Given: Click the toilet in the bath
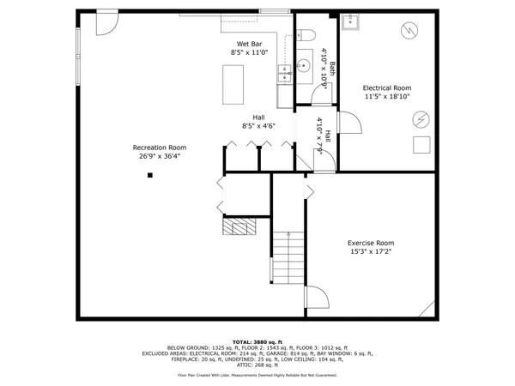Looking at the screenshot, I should [x=309, y=35].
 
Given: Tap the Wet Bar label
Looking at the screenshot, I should [x=250, y=44].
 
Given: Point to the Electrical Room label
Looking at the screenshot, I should [x=387, y=87].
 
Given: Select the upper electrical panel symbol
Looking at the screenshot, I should [x=410, y=31].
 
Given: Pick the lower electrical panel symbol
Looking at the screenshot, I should [x=421, y=118].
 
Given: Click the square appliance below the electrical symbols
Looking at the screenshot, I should [x=421, y=144].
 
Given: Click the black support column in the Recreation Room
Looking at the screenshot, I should [x=149, y=175].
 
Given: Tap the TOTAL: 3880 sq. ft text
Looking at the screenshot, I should [x=257, y=341].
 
